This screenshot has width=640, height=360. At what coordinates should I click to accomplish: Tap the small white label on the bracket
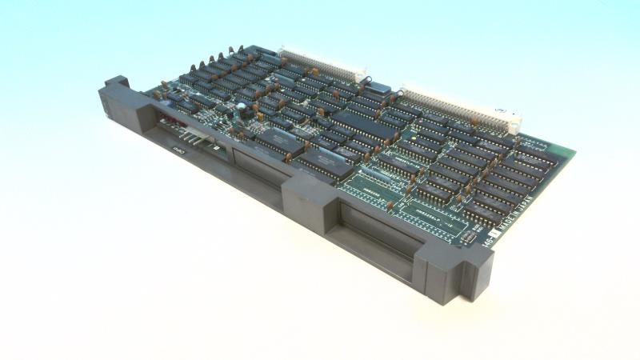pos(179,148)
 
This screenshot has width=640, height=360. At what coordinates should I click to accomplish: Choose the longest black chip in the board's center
pos(364,124)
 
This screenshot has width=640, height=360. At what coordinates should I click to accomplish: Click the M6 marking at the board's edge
pos(487,250)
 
